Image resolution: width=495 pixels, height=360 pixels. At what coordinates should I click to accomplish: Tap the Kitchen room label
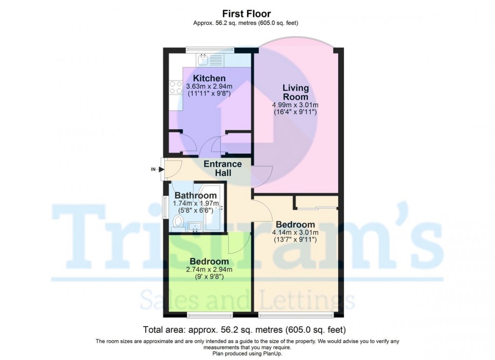pyautogui.click(x=209, y=79)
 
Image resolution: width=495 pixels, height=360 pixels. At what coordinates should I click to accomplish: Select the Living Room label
pyautogui.click(x=296, y=92)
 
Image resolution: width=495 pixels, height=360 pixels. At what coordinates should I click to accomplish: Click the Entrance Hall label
pyautogui.click(x=223, y=168)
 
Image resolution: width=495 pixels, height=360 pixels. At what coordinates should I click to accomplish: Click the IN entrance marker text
pyautogui.click(x=154, y=169)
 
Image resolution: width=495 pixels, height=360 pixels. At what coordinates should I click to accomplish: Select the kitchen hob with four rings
pyautogui.click(x=175, y=88)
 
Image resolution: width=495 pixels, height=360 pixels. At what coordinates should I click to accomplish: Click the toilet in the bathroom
pyautogui.click(x=178, y=223)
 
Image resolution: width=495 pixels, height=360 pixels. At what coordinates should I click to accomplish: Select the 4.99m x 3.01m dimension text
pyautogui.click(x=296, y=105)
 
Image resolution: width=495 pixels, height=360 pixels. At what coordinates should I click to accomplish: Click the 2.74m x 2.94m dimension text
pyautogui.click(x=210, y=270)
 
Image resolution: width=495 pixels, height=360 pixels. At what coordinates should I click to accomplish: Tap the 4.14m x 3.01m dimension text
pyautogui.click(x=296, y=232)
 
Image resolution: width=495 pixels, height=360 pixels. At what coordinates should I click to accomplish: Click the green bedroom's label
pyautogui.click(x=209, y=262)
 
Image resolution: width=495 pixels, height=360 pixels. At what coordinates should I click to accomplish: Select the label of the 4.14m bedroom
pyautogui.click(x=295, y=225)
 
